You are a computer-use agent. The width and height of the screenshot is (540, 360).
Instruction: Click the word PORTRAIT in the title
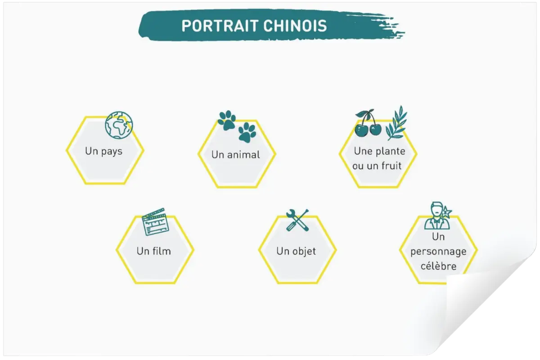point(220,26)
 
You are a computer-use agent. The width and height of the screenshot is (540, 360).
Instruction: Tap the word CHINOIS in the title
point(295,26)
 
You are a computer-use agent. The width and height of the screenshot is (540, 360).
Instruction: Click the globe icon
point(119,125)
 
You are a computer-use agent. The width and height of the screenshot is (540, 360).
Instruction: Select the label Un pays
point(103,152)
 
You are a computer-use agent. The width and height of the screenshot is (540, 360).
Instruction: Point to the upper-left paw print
point(227,120)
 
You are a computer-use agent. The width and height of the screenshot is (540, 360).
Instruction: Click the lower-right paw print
point(247,132)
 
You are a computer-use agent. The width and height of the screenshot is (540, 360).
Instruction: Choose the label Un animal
point(235,155)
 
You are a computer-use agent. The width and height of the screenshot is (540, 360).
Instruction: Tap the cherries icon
point(368,123)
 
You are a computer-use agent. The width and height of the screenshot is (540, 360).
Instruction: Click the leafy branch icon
point(396,123)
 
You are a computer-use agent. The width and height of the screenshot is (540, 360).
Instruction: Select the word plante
point(391,152)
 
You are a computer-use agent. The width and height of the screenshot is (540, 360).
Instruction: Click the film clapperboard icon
point(155,221)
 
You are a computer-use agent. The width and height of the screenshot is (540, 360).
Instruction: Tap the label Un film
point(154,251)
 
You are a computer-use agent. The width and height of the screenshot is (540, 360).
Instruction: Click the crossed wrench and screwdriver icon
point(297,220)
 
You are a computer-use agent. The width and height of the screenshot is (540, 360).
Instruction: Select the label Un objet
point(296,252)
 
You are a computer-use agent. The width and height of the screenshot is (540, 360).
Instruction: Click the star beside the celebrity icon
point(447,212)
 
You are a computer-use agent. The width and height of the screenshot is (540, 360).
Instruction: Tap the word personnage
point(438,252)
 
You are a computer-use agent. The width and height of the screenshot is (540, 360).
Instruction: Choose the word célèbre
point(438,266)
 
